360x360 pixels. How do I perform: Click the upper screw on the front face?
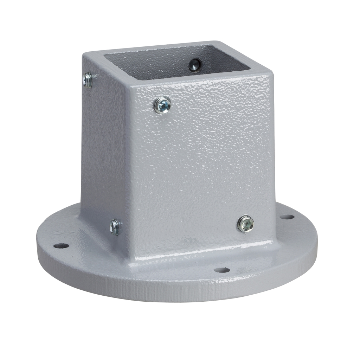163,104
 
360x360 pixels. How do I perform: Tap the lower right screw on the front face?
245,224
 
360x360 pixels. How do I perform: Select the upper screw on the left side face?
88,80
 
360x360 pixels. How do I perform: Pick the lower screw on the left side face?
115,227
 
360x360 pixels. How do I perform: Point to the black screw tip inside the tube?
194,64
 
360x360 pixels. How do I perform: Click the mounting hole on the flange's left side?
61,245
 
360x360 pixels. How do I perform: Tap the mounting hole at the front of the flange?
222,270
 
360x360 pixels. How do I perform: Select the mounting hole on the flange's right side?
287,217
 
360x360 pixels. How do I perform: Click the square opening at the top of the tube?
176,62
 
